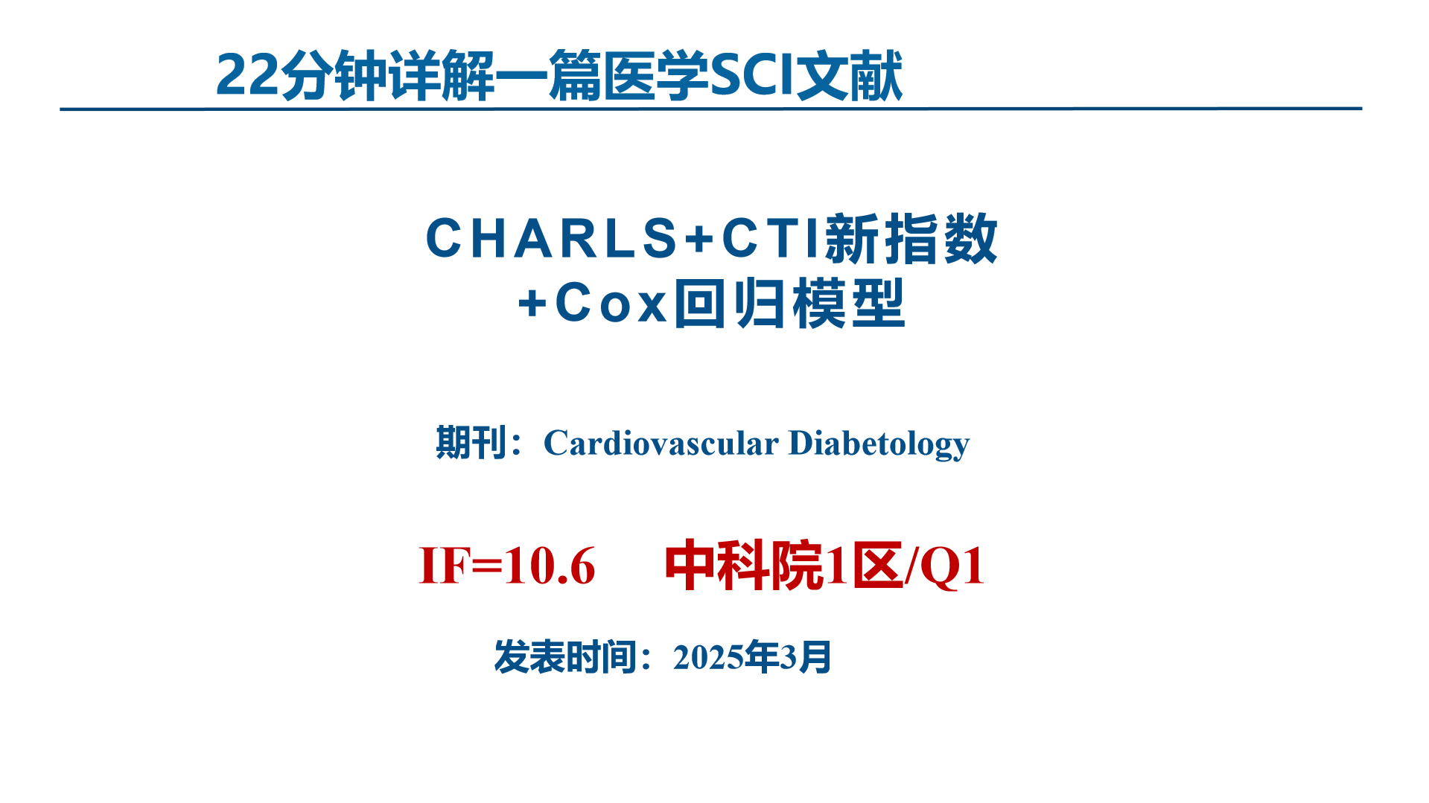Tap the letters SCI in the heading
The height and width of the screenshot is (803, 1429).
[752, 76]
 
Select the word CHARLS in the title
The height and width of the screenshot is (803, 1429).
[551, 240]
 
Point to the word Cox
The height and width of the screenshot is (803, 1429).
[611, 304]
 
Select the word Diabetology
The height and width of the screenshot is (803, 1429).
[879, 444]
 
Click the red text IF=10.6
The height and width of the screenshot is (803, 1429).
[507, 566]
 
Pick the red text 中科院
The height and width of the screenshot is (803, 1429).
[743, 566]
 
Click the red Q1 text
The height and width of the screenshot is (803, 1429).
[952, 566]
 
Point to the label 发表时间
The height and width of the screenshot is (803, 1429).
[565, 658]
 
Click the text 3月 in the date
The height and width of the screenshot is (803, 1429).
[805, 658]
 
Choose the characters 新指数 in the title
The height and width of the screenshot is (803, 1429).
[911, 240]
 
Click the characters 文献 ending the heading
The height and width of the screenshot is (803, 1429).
[850, 76]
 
